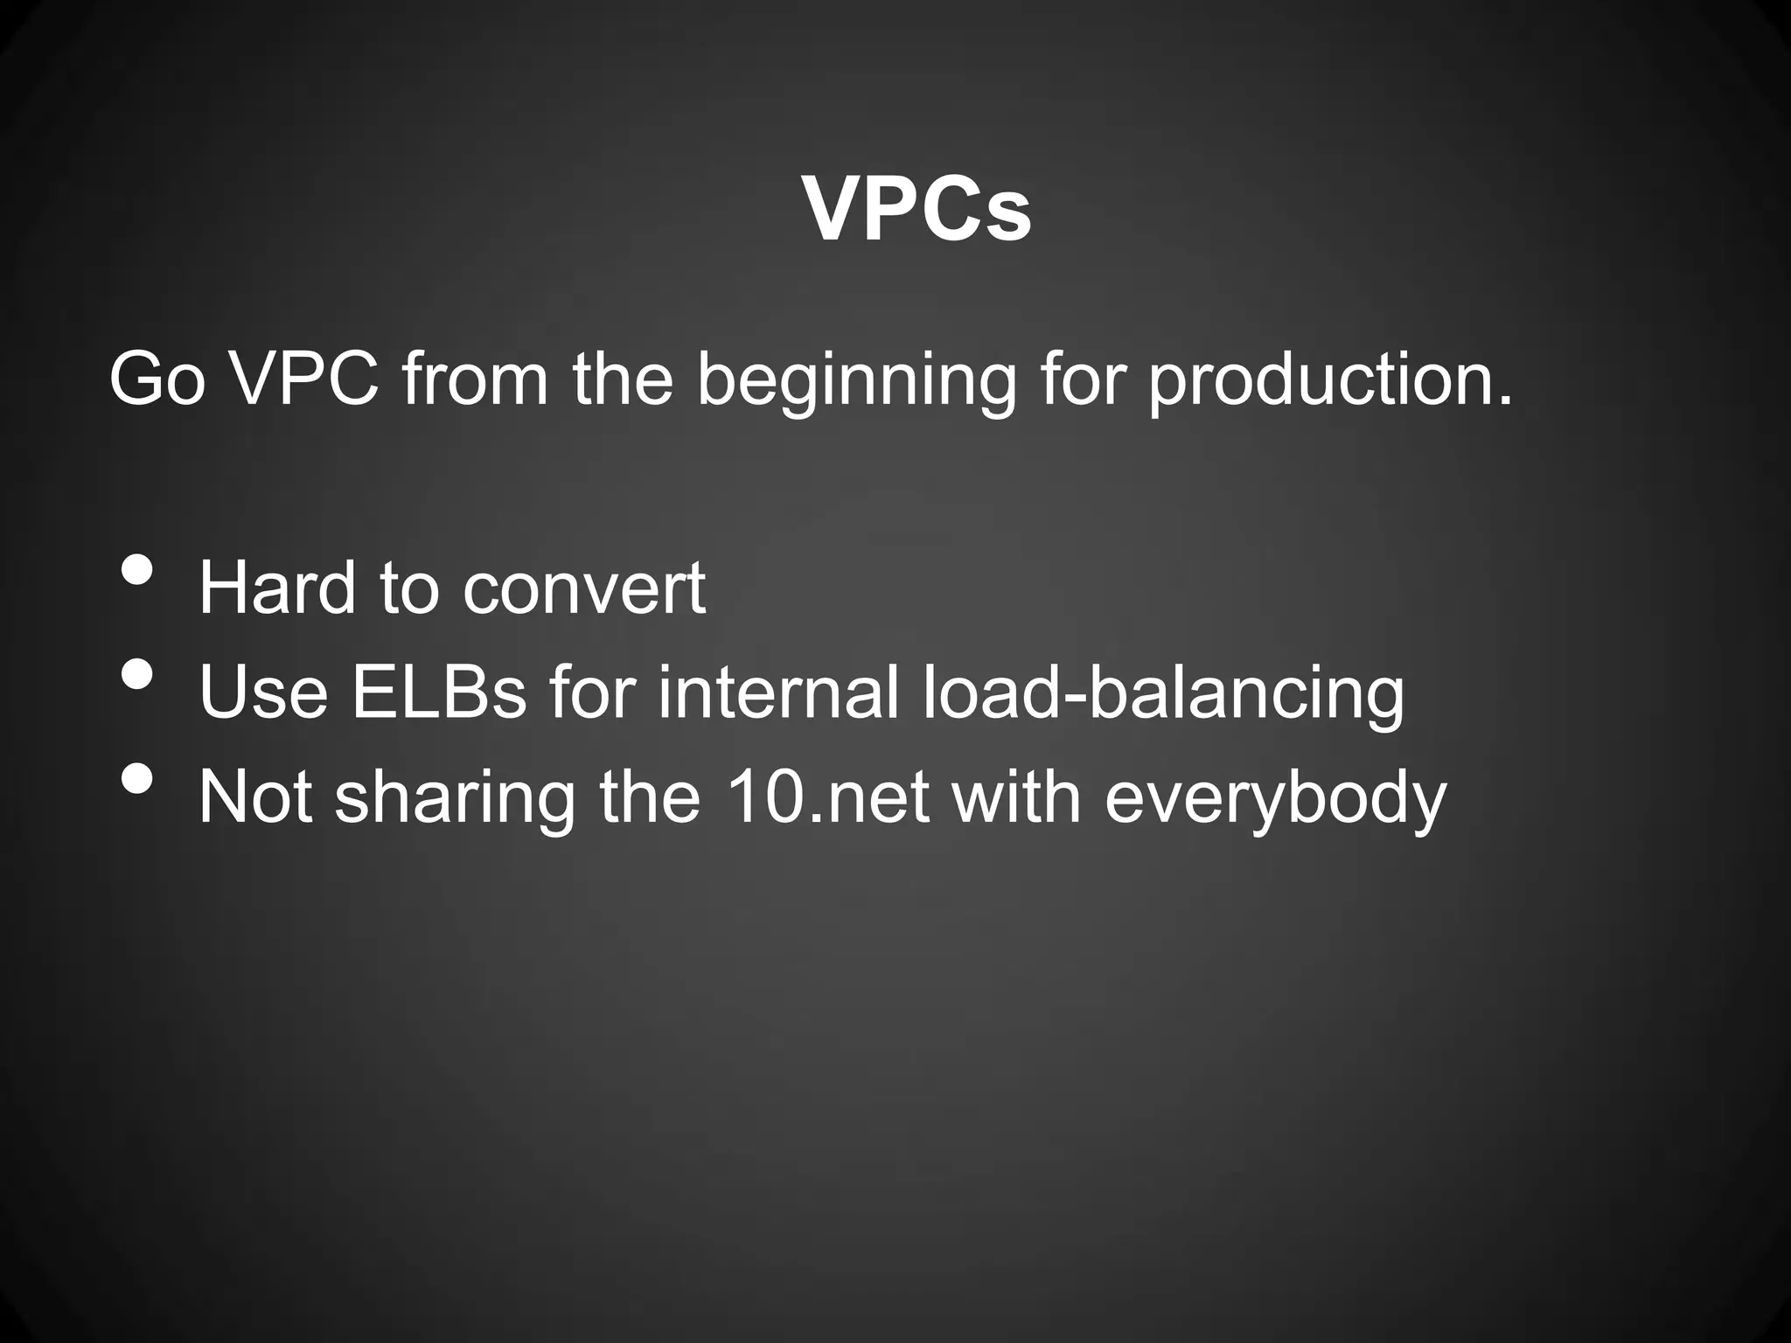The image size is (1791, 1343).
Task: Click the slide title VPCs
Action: pos(916,211)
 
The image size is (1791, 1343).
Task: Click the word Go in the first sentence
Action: pos(157,380)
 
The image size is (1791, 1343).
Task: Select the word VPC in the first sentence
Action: pos(304,380)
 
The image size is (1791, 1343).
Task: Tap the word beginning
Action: pos(857,382)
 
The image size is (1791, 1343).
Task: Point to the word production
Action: pos(1329,382)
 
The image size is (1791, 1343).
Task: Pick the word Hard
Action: pos(277,588)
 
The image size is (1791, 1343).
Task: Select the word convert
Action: pos(583,589)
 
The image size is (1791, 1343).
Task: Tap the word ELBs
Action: pos(438,692)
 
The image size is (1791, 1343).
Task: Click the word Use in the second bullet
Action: pos(263,692)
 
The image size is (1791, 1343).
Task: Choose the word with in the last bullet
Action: pos(1016,797)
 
